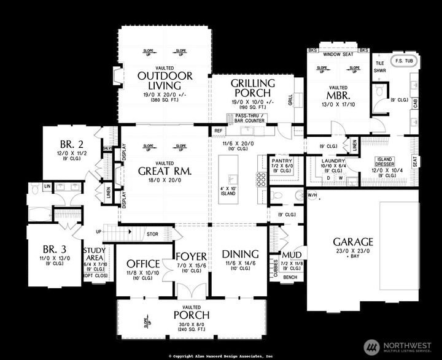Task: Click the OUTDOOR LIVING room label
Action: tap(165, 80)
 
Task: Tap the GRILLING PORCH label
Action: tap(253, 88)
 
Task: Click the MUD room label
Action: tap(290, 255)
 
